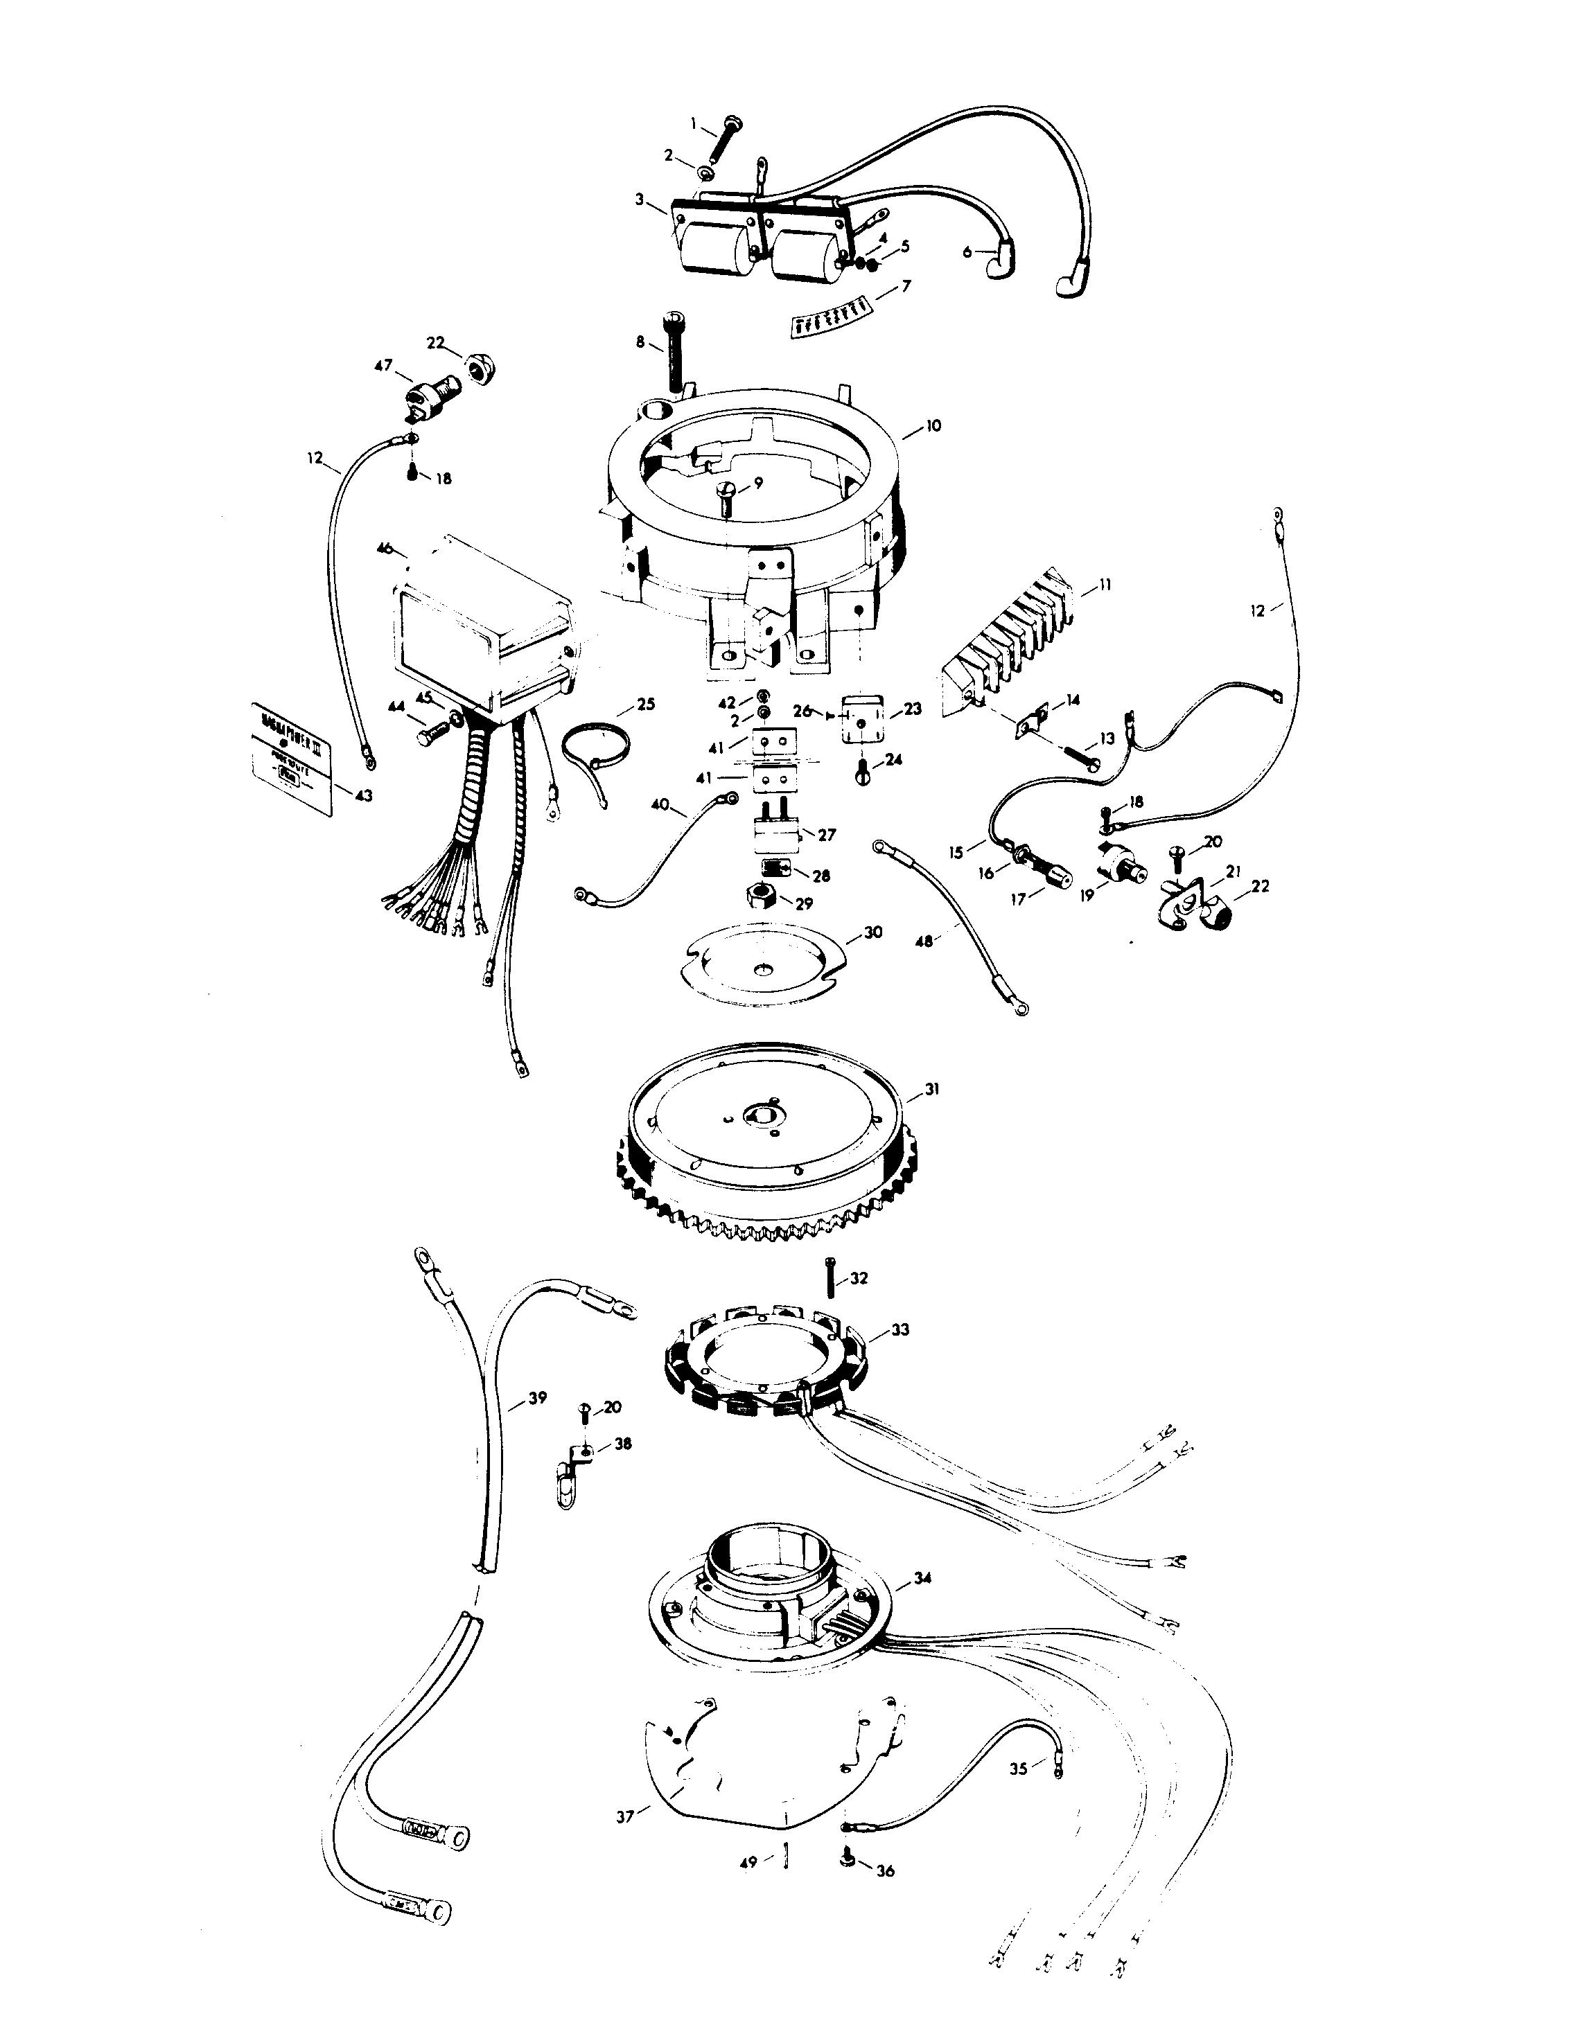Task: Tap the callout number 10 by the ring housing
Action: [x=933, y=426]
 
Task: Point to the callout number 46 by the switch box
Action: [x=385, y=549]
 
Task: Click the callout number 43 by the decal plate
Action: [x=364, y=795]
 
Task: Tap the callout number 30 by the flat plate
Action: [x=873, y=932]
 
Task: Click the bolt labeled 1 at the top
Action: [x=721, y=139]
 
